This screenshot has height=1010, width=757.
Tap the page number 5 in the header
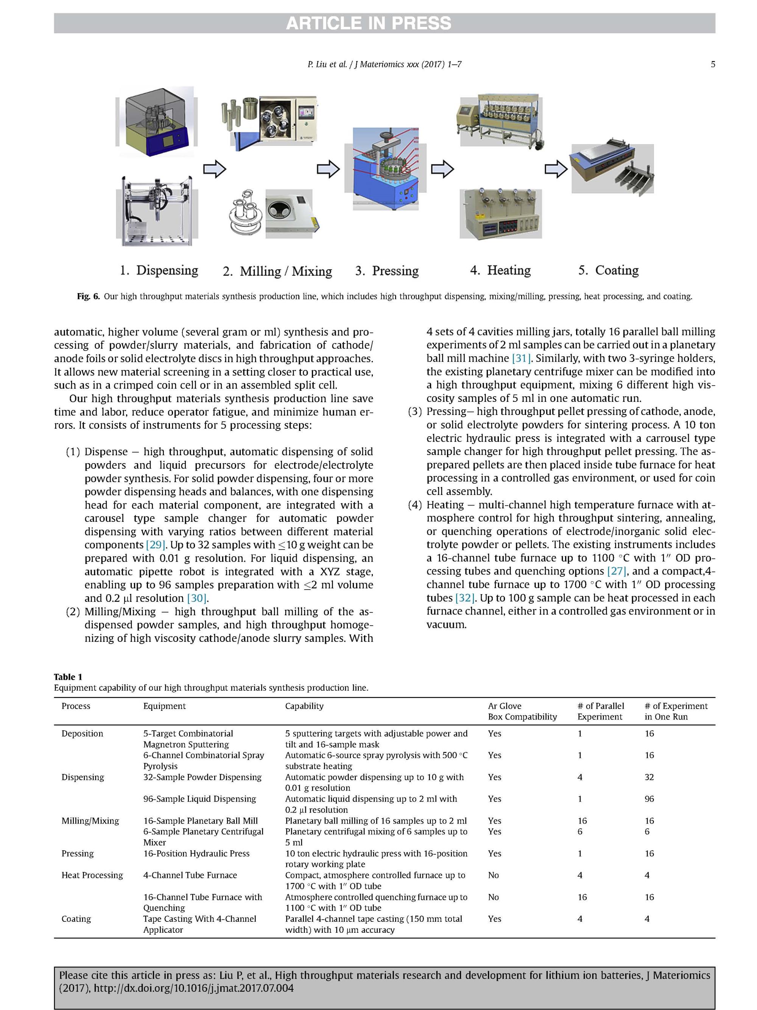tap(712, 64)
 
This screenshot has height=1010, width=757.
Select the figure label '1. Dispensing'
tap(159, 270)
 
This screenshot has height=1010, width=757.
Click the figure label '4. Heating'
tap(500, 270)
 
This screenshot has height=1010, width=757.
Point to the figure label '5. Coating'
tap(608, 270)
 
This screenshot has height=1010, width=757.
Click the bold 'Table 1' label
tap(68, 677)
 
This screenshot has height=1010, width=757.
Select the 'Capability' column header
tap(304, 706)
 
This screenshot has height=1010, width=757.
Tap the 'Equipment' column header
tap(164, 706)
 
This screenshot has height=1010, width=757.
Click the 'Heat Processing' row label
tap(92, 875)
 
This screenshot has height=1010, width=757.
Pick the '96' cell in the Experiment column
tap(649, 799)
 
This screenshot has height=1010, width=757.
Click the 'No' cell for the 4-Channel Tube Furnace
tap(493, 875)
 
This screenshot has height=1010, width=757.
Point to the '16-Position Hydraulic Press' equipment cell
tap(196, 853)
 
